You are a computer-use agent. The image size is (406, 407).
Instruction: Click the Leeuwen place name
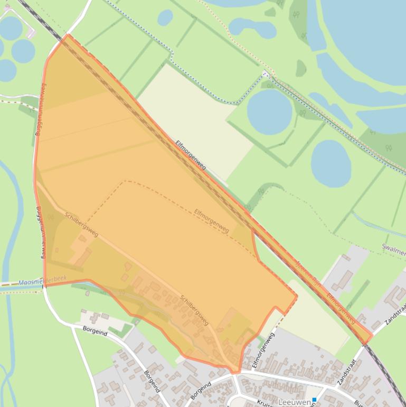(x=294, y=402)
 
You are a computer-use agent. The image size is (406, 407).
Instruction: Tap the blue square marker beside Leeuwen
(x=314, y=400)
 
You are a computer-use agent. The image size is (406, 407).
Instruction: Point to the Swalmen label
(x=393, y=247)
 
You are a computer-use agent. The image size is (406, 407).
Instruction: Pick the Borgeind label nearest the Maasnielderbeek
(x=95, y=331)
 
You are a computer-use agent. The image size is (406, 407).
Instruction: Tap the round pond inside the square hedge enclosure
(x=269, y=112)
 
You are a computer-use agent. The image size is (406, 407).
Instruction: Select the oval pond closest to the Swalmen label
(x=331, y=163)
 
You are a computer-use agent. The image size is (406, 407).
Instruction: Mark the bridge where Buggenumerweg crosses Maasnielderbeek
(x=44, y=286)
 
